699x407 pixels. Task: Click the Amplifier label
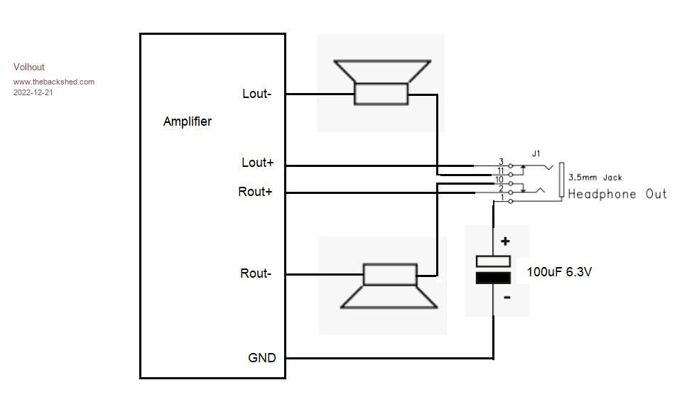pos(187,121)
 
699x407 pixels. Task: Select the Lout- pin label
pos(256,94)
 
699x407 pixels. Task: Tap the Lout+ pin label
pos(257,163)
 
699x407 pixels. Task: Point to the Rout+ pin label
pos(255,192)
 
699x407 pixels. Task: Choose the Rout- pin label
pos(255,273)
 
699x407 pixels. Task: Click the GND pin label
pos(261,358)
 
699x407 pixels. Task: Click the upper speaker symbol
pos(381,83)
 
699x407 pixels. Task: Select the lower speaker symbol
pos(389,286)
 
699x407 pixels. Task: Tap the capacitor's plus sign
pos(506,242)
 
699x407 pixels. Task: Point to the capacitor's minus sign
pos(506,298)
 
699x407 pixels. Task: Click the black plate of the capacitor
pos(493,278)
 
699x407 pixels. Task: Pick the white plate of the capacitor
pos(493,261)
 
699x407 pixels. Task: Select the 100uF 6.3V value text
pos(559,271)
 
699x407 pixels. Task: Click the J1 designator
pos(536,153)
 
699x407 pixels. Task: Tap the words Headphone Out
pos(617,194)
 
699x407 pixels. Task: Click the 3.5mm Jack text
pos(595,178)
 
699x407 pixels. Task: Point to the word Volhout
pos(29,67)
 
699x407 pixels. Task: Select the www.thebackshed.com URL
pos(54,82)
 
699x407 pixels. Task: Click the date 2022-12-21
pos(33,92)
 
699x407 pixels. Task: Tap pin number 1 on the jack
pos(503,198)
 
